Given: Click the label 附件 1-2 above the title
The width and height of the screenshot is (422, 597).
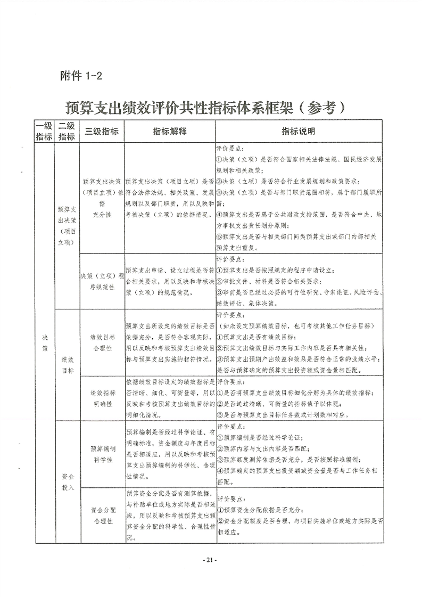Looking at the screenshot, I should (x=81, y=76).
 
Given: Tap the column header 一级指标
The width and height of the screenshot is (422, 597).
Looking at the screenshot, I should (x=44, y=131).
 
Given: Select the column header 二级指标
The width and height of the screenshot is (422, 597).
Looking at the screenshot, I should (x=67, y=131).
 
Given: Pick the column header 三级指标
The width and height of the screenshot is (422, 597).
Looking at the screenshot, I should (x=101, y=131).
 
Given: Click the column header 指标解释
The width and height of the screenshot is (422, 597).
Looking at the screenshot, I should (x=170, y=131).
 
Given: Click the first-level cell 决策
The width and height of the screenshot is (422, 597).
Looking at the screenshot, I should (x=44, y=341).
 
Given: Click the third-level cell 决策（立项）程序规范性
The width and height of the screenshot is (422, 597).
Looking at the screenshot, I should (x=101, y=280).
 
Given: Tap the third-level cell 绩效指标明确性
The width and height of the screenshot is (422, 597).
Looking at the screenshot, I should (x=101, y=397).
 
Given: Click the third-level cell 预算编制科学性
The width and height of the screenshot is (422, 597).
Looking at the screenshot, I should (x=101, y=454).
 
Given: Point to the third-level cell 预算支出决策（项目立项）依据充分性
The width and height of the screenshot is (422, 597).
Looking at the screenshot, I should (x=101, y=197).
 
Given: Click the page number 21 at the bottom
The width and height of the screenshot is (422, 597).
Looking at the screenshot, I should (x=211, y=559).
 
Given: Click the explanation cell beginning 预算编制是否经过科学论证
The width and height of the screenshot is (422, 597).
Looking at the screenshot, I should (x=170, y=454).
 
